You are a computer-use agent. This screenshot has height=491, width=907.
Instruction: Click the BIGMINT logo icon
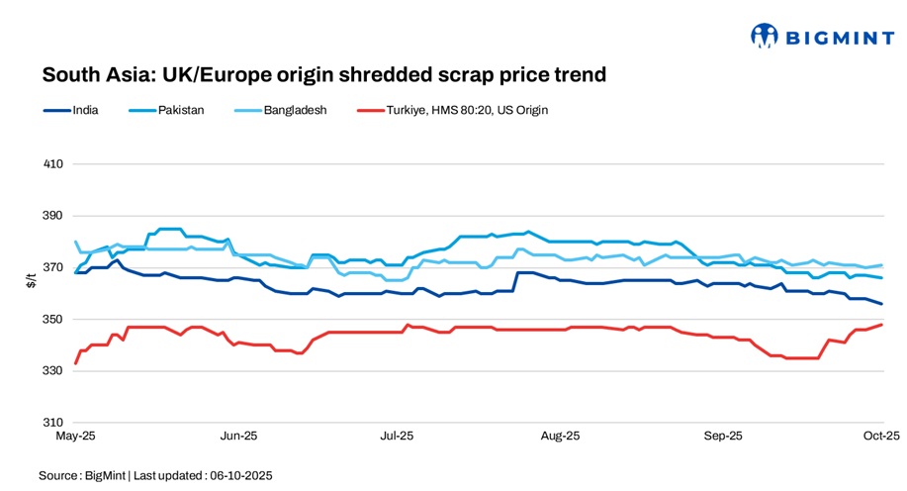[765, 37]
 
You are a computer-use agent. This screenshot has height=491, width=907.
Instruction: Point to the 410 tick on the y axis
[53, 163]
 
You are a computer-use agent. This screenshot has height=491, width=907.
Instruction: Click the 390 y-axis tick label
[53, 216]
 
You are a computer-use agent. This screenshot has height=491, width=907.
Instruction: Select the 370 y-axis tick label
[53, 267]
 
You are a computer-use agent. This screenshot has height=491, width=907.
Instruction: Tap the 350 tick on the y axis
[53, 320]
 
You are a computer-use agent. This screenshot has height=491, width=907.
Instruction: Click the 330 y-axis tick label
[53, 371]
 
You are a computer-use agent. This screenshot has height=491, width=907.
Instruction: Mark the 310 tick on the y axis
[53, 423]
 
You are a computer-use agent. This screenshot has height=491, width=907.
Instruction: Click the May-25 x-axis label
[75, 436]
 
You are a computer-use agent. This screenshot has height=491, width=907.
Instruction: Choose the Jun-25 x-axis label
[238, 436]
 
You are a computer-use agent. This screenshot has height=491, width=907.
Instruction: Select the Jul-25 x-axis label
[397, 436]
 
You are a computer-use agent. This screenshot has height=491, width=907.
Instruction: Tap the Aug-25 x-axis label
[560, 436]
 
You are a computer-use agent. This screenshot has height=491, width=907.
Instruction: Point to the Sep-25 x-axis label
[723, 436]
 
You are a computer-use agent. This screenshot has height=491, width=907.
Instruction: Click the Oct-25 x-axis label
[881, 436]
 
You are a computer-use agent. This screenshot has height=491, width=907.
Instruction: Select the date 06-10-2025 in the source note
[238, 476]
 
